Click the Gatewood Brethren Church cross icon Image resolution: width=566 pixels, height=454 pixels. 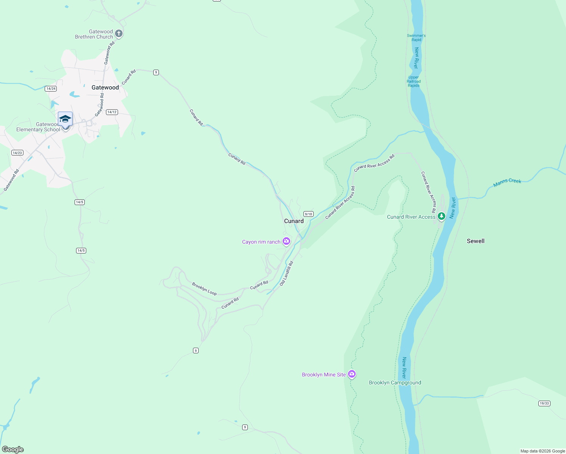pos(119,34)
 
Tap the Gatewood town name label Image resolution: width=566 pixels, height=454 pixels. pos(105,87)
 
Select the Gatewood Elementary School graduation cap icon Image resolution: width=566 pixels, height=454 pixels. pos(65,119)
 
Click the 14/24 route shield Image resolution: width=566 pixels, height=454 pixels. pos(51,89)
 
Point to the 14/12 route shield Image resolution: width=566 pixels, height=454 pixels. pos(112,112)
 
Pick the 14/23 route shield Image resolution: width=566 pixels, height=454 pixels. pos(17,153)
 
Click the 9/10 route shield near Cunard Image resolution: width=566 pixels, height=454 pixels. pos(308,214)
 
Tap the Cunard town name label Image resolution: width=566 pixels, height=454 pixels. pos(294,221)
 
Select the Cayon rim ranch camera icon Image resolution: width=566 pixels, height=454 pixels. pos(286,241)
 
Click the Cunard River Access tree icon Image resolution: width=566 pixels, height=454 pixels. pos(441,216)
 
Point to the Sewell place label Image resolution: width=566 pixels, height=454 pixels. pos(475,241)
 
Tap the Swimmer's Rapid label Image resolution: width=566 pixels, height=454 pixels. pos(416,37)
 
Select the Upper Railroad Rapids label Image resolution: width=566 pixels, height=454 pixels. pos(414,81)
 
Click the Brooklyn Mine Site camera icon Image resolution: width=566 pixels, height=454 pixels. pos(352,374)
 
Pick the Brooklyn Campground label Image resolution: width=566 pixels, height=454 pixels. pos(395,382)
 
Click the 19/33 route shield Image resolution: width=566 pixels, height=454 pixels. pos(544,403)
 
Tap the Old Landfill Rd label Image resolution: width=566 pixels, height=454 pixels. pos(286,273)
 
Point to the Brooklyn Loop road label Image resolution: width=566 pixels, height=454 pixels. pos(204,289)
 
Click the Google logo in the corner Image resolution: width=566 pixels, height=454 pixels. pos(13,449)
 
